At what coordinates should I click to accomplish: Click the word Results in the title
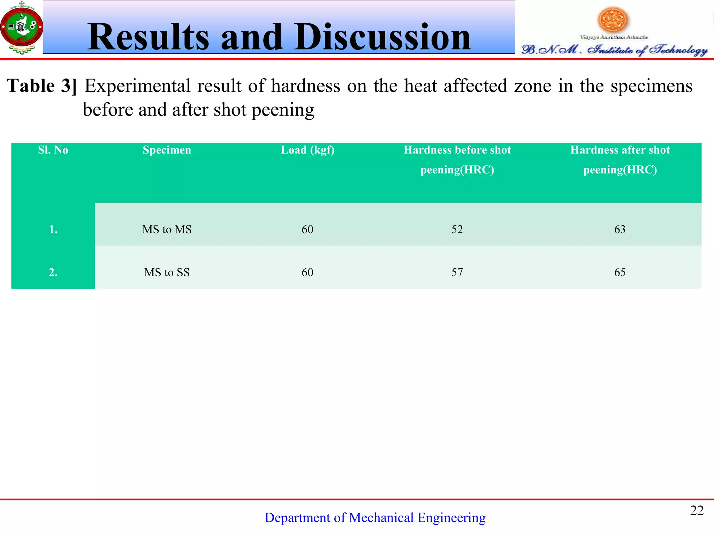pyautogui.click(x=148, y=37)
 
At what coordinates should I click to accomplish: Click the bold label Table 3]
pyautogui.click(x=42, y=86)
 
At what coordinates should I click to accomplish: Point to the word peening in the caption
pyautogui.click(x=283, y=110)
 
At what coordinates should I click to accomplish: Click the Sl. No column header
pyautogui.click(x=53, y=150)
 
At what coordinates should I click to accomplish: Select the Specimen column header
pyautogui.click(x=167, y=150)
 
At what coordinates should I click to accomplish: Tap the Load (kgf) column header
pyautogui.click(x=307, y=150)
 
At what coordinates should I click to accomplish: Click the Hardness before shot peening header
pyautogui.click(x=457, y=159)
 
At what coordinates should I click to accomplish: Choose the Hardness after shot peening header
pyautogui.click(x=620, y=159)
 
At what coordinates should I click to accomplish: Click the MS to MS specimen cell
pyautogui.click(x=167, y=230)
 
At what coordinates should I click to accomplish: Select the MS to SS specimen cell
pyautogui.click(x=167, y=273)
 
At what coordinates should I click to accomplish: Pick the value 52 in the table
pyautogui.click(x=457, y=230)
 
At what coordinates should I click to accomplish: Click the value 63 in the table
pyautogui.click(x=620, y=230)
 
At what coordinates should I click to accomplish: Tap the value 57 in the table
pyautogui.click(x=457, y=273)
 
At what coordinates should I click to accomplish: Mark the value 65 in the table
pyautogui.click(x=620, y=273)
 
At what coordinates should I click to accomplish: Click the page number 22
pyautogui.click(x=697, y=511)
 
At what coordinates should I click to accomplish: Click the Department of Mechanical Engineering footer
pyautogui.click(x=375, y=518)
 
